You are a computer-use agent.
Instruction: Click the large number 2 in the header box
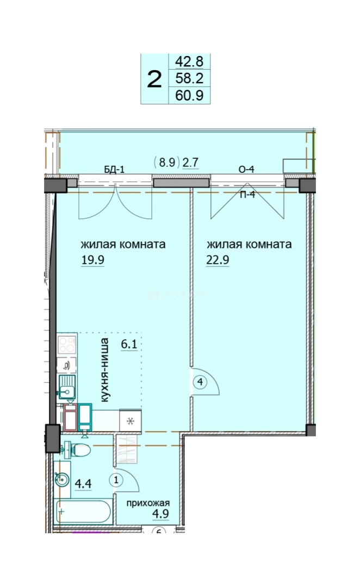tap(154, 79)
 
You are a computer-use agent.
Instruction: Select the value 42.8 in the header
tap(189, 61)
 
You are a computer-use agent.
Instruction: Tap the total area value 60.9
tap(189, 95)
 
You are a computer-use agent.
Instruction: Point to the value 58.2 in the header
tap(189, 78)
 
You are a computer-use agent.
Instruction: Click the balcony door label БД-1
tap(114, 170)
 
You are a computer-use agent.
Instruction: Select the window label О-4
tap(246, 170)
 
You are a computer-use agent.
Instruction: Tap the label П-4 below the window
tap(247, 194)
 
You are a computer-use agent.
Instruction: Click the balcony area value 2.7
tap(190, 163)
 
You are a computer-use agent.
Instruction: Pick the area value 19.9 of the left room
tap(92, 259)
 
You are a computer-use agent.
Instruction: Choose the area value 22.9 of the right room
tap(218, 259)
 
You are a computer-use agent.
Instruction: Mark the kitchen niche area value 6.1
tap(129, 344)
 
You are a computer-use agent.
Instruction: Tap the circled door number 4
tap(201, 382)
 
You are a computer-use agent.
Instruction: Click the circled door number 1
tap(116, 479)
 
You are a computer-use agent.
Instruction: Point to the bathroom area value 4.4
tap(83, 484)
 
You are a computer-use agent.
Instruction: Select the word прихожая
tap(148, 503)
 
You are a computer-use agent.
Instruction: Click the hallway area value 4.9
tap(160, 514)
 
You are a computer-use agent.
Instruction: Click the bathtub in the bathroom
tap(83, 512)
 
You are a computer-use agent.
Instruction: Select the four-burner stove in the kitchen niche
tap(67, 345)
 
